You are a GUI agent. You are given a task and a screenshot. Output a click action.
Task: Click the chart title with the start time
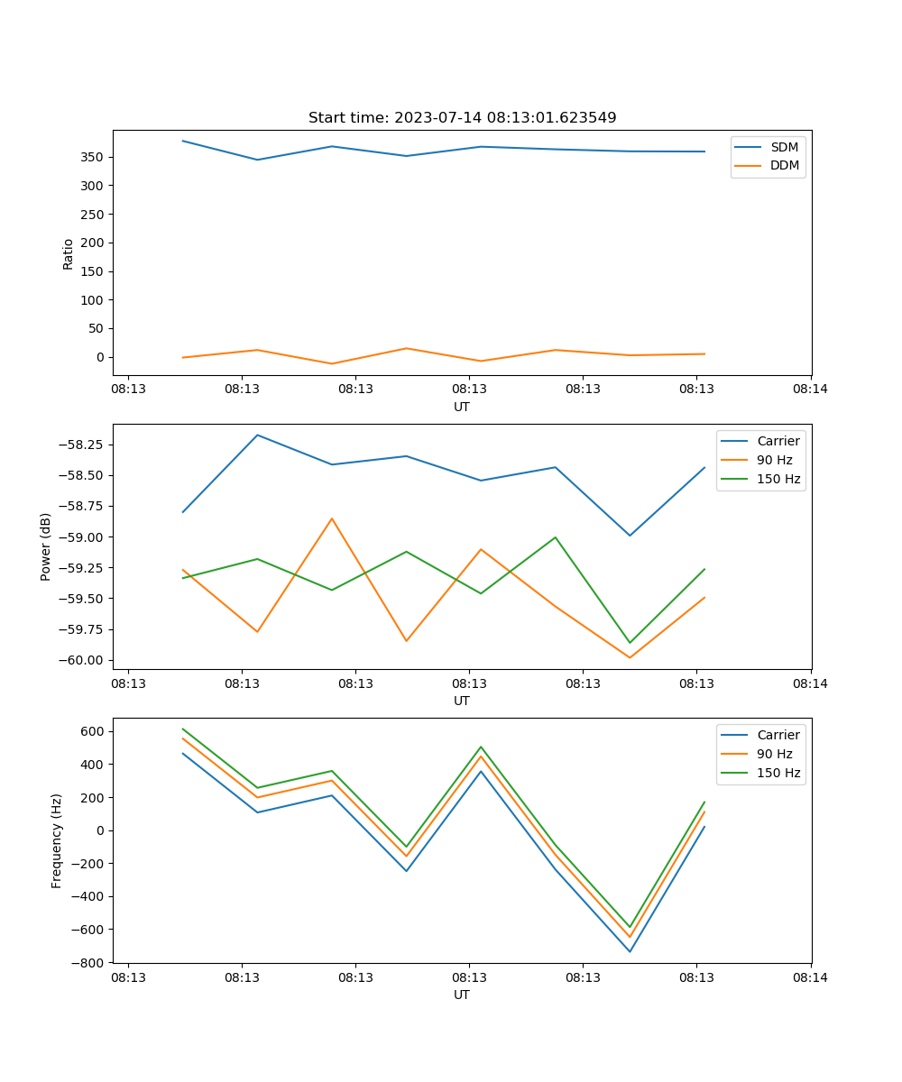pos(462,118)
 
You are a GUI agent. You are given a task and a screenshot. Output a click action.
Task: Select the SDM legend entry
pos(784,147)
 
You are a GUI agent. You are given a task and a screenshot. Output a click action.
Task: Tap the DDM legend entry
pos(784,165)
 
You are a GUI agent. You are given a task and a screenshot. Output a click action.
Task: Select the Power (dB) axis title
pos(46,546)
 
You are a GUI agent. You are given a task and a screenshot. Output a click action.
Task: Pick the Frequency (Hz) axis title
pos(57,840)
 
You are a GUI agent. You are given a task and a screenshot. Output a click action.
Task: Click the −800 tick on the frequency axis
pos(88,963)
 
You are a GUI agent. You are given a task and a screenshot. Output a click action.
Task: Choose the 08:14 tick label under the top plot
pos(810,390)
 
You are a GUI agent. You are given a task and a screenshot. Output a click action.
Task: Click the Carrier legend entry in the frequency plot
pos(778,735)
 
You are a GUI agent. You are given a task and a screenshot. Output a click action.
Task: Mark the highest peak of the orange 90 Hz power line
pos(332,518)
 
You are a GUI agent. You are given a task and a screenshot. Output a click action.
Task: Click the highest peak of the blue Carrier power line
pos(257,435)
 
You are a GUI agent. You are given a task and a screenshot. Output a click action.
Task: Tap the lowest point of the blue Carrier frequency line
pos(630,952)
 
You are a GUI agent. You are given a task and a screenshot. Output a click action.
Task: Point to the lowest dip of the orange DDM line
pos(332,364)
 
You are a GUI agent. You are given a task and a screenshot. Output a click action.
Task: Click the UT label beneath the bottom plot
pos(462,995)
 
